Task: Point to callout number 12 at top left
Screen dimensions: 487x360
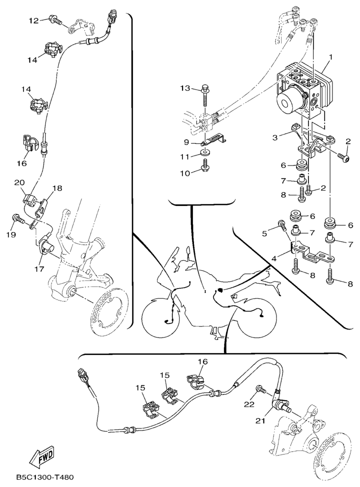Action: (x=33, y=20)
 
